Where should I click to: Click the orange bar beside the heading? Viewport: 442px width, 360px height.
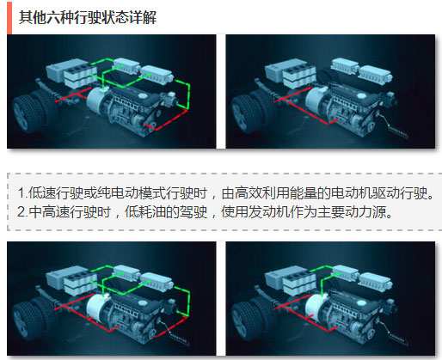pos(9,18)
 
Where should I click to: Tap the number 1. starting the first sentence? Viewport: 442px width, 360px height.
pos(22,193)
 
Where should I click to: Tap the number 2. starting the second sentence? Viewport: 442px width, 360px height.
pos(22,212)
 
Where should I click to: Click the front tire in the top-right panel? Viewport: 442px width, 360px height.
pos(246,114)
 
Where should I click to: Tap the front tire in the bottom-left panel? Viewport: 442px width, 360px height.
pos(28,320)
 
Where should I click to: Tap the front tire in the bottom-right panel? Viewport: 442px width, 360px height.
pos(246,320)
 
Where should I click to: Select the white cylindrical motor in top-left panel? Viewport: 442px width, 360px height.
pos(97,101)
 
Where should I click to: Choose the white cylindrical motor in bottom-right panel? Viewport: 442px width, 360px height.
pos(316,308)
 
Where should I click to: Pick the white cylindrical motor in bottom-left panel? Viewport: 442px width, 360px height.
pos(97,308)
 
